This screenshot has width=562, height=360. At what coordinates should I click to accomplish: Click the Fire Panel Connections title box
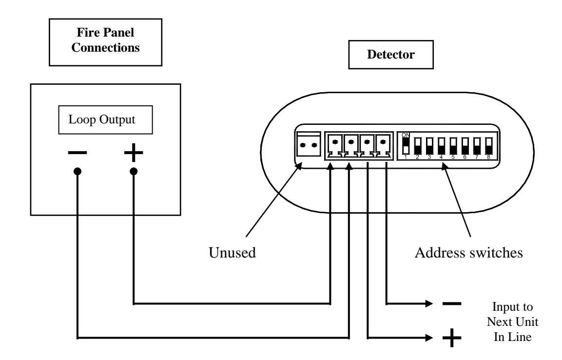pyautogui.click(x=105, y=42)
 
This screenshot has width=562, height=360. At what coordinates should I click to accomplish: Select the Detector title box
pyautogui.click(x=391, y=55)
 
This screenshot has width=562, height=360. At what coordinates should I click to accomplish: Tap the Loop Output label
pyautogui.click(x=102, y=120)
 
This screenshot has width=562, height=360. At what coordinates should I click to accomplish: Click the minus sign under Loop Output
pyautogui.click(x=77, y=153)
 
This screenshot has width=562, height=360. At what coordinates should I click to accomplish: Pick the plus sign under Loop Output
pyautogui.click(x=134, y=153)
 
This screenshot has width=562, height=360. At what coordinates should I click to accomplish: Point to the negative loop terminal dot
pyautogui.click(x=78, y=171)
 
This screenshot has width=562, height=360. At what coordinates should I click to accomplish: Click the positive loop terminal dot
pyautogui.click(x=134, y=171)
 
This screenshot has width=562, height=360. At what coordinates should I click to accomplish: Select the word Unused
pyautogui.click(x=232, y=252)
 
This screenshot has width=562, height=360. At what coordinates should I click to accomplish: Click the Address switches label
pyautogui.click(x=468, y=253)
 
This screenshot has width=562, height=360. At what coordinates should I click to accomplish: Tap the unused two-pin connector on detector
pyautogui.click(x=309, y=144)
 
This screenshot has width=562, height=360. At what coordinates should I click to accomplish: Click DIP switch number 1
pyautogui.click(x=406, y=146)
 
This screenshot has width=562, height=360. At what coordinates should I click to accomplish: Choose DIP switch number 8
pyautogui.click(x=488, y=146)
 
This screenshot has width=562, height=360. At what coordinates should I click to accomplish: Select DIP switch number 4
pyautogui.click(x=441, y=146)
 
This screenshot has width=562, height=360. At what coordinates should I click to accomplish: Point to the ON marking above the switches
pyautogui.click(x=406, y=135)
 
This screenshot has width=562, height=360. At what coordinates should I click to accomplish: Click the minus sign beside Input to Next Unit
pyautogui.click(x=452, y=304)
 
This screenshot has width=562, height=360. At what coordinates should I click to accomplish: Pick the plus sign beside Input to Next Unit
pyautogui.click(x=452, y=338)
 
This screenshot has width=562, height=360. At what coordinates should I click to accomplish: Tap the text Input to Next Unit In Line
pyautogui.click(x=513, y=321)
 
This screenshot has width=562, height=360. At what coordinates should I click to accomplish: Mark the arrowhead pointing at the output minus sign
pyautogui.click(x=429, y=304)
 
